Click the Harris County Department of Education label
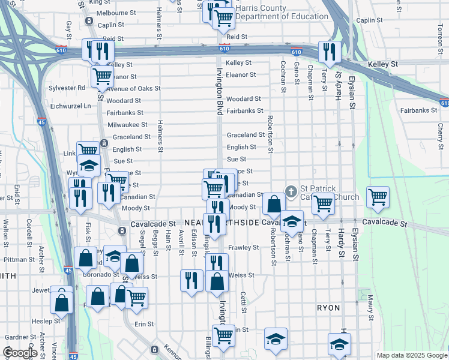pos(282,12)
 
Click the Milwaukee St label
pos(127,124)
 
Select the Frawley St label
pos(243,247)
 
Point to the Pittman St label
pos(19,260)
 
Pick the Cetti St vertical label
pos(244,298)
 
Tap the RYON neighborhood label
pos(328,307)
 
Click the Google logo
pos(20,353)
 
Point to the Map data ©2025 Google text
pos(411,355)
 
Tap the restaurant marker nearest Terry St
pos(328,52)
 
